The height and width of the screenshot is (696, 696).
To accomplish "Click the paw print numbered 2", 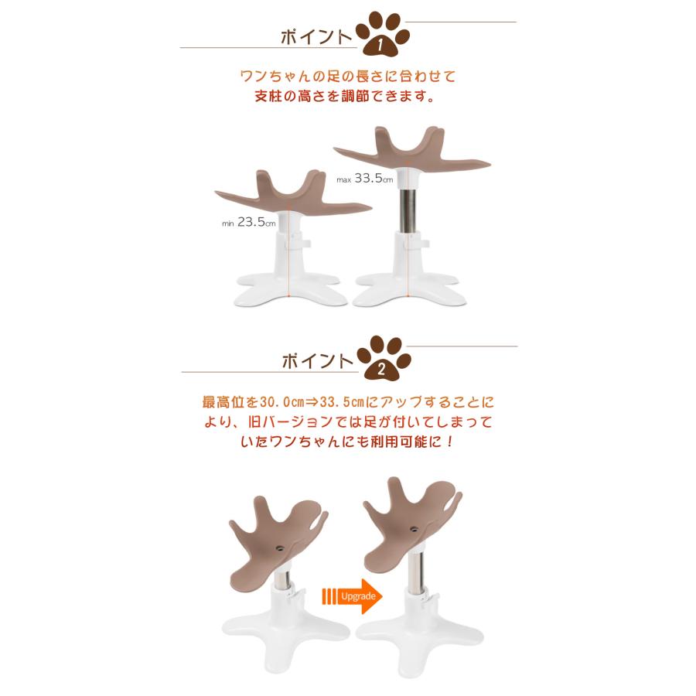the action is (x=384, y=359).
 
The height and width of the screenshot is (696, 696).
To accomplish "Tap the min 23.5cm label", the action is (x=248, y=222).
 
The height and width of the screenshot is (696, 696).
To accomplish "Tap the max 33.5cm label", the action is (x=365, y=179).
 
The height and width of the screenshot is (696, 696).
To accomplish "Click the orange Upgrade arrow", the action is (x=352, y=596).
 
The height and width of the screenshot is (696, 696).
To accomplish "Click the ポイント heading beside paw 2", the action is (x=317, y=361).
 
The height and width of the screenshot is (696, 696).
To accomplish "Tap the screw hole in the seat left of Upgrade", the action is (x=279, y=548).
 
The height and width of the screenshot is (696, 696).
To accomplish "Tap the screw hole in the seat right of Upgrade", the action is (x=414, y=529).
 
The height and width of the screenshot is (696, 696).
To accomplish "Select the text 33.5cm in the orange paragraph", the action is (x=342, y=402).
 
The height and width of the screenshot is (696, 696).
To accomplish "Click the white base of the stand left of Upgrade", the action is (x=286, y=640).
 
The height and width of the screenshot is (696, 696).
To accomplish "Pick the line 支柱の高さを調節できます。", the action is (x=344, y=96).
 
